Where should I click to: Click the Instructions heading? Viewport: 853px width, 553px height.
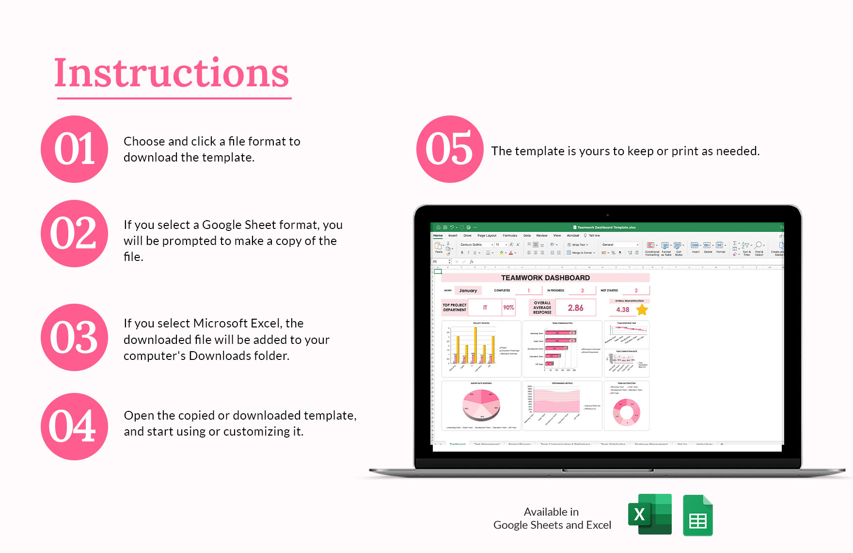click(172, 74)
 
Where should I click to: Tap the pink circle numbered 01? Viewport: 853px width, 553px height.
click(74, 149)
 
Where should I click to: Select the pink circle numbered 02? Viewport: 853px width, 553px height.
click(74, 233)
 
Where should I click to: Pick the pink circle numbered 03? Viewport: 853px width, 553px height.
click(74, 337)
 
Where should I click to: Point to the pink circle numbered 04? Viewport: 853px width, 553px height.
click(74, 426)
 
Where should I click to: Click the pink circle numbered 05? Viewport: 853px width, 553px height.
click(449, 149)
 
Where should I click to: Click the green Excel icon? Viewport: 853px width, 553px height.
click(650, 514)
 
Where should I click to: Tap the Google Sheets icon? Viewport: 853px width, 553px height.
click(697, 516)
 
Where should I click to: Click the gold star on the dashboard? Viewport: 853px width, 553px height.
click(642, 309)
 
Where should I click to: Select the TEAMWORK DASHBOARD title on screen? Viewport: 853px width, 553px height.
click(545, 278)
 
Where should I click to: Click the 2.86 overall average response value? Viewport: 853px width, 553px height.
click(575, 308)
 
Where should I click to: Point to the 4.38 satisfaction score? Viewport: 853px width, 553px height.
click(622, 309)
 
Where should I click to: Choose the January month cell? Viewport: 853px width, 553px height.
click(468, 291)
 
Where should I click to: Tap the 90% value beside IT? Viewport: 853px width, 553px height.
click(508, 308)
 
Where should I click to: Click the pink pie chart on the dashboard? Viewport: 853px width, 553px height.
click(481, 406)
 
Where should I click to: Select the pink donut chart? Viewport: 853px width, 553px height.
click(627, 412)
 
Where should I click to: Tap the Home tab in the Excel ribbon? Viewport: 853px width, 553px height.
click(438, 236)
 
